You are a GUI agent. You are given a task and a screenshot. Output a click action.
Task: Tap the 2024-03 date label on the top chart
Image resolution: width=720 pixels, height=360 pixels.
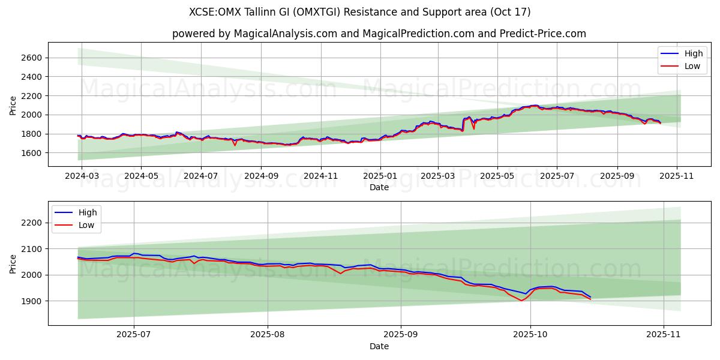tap(82, 176)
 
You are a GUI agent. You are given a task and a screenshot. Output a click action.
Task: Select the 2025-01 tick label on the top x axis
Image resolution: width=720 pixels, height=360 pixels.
tap(380, 176)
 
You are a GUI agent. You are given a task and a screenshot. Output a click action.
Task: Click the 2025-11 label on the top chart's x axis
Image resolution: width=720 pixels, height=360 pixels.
tap(677, 176)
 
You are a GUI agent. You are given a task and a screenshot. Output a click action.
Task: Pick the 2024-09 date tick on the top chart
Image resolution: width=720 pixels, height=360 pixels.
tap(260, 176)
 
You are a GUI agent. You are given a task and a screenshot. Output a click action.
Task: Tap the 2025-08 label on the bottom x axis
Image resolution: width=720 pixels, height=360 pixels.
tap(267, 335)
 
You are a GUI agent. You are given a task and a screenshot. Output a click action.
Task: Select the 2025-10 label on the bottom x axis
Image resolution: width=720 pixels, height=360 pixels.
tap(530, 335)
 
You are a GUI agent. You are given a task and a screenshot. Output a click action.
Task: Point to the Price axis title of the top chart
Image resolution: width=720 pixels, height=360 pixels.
tap(13, 105)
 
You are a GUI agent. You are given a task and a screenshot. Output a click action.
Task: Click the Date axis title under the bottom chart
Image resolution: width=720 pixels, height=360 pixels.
tap(379, 346)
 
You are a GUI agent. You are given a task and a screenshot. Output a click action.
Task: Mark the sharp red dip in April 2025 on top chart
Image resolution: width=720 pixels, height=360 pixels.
tap(473, 128)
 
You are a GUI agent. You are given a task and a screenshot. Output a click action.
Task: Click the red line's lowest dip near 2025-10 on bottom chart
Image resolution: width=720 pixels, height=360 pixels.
tap(521, 300)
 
